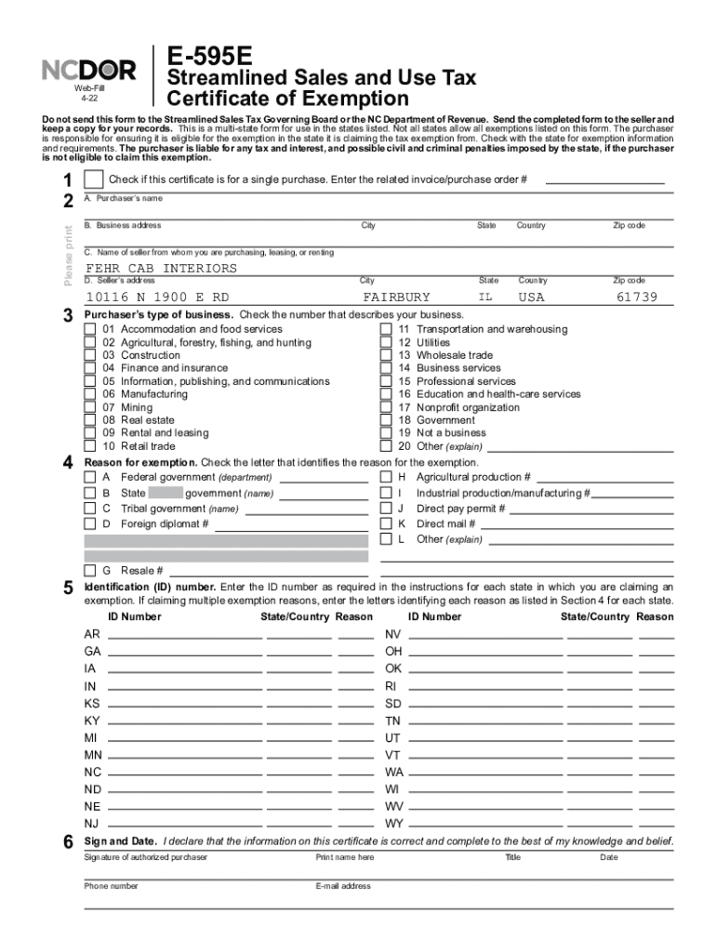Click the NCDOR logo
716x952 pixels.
[x=89, y=71]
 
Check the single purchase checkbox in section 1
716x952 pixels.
[x=93, y=178]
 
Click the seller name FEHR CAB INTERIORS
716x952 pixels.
[x=161, y=269]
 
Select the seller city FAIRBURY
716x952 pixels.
[x=396, y=297]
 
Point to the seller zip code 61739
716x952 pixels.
[x=637, y=297]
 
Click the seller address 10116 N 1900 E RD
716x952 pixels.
[x=157, y=297]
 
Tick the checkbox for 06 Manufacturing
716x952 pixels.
[x=89, y=394]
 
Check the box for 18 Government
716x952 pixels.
[x=386, y=420]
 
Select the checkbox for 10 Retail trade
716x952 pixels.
[x=89, y=446]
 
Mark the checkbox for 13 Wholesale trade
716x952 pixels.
[x=386, y=355]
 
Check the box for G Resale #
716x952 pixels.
[x=90, y=570]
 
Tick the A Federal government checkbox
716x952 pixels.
[x=90, y=477]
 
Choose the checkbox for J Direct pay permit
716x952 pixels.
[x=386, y=509]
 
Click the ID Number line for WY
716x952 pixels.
[x=484, y=827]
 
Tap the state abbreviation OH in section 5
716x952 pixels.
[x=393, y=651]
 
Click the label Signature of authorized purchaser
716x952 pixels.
[x=145, y=857]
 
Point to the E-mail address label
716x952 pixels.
[x=343, y=886]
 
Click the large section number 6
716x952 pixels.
[x=68, y=842]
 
